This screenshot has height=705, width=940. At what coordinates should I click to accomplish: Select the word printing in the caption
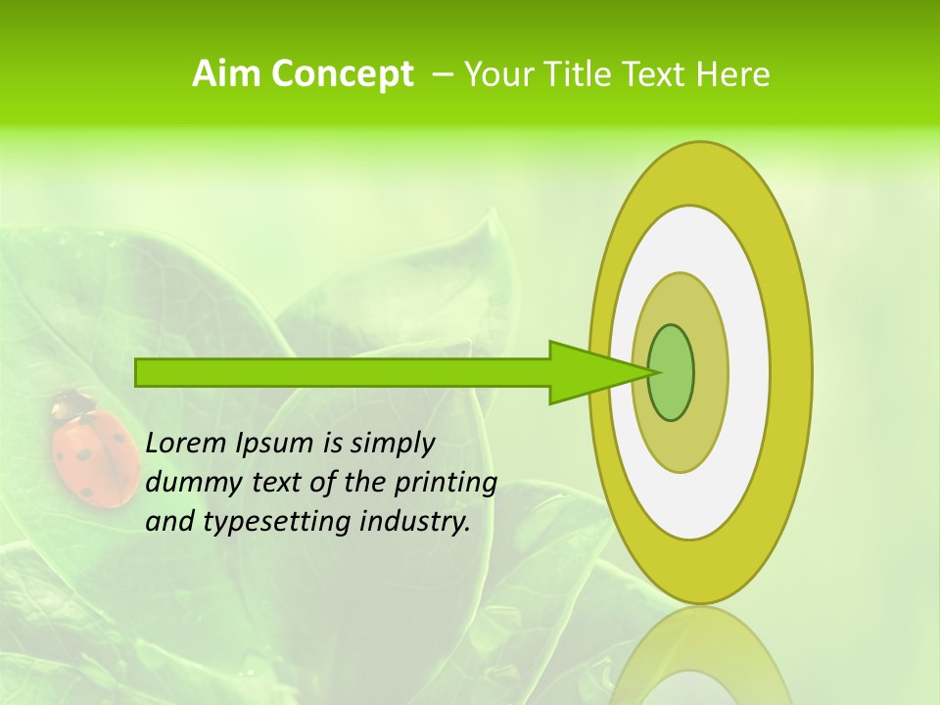[x=446, y=483]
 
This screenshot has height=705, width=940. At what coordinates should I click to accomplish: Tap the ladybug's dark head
[x=72, y=402]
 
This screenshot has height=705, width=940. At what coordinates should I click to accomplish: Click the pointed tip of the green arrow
[x=651, y=372]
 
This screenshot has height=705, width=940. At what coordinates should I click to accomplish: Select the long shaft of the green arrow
[x=343, y=372]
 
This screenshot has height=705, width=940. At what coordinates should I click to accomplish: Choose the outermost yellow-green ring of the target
[x=793, y=372]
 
